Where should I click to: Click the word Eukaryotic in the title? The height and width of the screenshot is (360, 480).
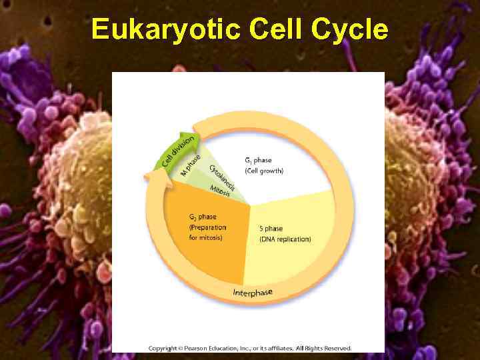(166, 30)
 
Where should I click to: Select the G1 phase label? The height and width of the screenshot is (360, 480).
(258, 161)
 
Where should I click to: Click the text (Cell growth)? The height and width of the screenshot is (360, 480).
(264, 171)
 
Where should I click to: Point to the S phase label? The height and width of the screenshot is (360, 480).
(271, 229)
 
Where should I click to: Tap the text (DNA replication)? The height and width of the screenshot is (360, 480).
(285, 239)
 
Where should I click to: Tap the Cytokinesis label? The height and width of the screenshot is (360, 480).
(223, 177)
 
